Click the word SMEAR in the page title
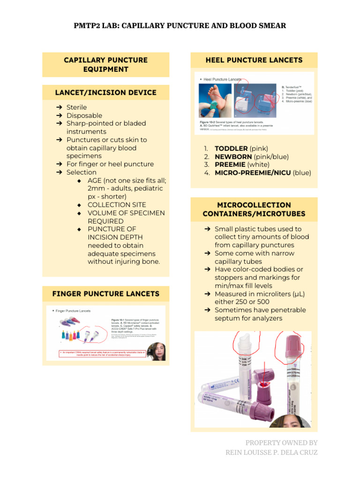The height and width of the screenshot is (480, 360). pyautogui.click(x=269, y=25)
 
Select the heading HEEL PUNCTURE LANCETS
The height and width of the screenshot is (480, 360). pyautogui.click(x=254, y=60)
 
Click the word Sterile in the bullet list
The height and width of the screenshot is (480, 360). pyautogui.click(x=76, y=107)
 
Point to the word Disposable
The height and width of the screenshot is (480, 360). pyautogui.click(x=84, y=115)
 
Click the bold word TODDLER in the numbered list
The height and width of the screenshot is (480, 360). pyautogui.click(x=231, y=149)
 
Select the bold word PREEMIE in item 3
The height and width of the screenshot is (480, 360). pyautogui.click(x=230, y=165)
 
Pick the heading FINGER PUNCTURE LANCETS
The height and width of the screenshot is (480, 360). pyautogui.click(x=106, y=294)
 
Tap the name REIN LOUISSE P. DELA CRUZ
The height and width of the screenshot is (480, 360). pyautogui.click(x=271, y=452)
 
